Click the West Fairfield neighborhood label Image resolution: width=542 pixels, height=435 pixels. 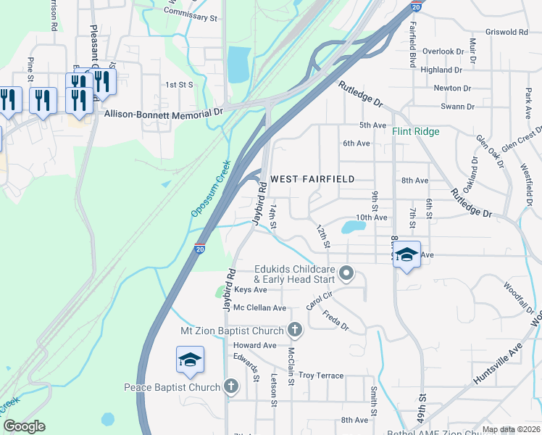(312, 178)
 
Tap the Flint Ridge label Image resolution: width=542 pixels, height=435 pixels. (416, 132)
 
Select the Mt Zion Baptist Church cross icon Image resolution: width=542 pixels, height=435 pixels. (295, 331)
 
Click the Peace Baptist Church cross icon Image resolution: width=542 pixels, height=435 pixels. (231, 386)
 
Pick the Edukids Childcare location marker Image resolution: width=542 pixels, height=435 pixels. (346, 273)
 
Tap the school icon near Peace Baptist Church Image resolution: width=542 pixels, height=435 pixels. (190, 360)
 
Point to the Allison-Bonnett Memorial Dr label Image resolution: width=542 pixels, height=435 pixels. (164, 113)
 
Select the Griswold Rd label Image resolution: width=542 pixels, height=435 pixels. (507, 32)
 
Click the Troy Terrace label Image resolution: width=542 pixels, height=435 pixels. (321, 376)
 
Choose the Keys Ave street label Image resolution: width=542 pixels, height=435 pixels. (250, 289)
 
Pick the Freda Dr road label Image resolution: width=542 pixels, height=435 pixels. (335, 321)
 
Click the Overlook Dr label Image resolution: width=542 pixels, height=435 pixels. (443, 51)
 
